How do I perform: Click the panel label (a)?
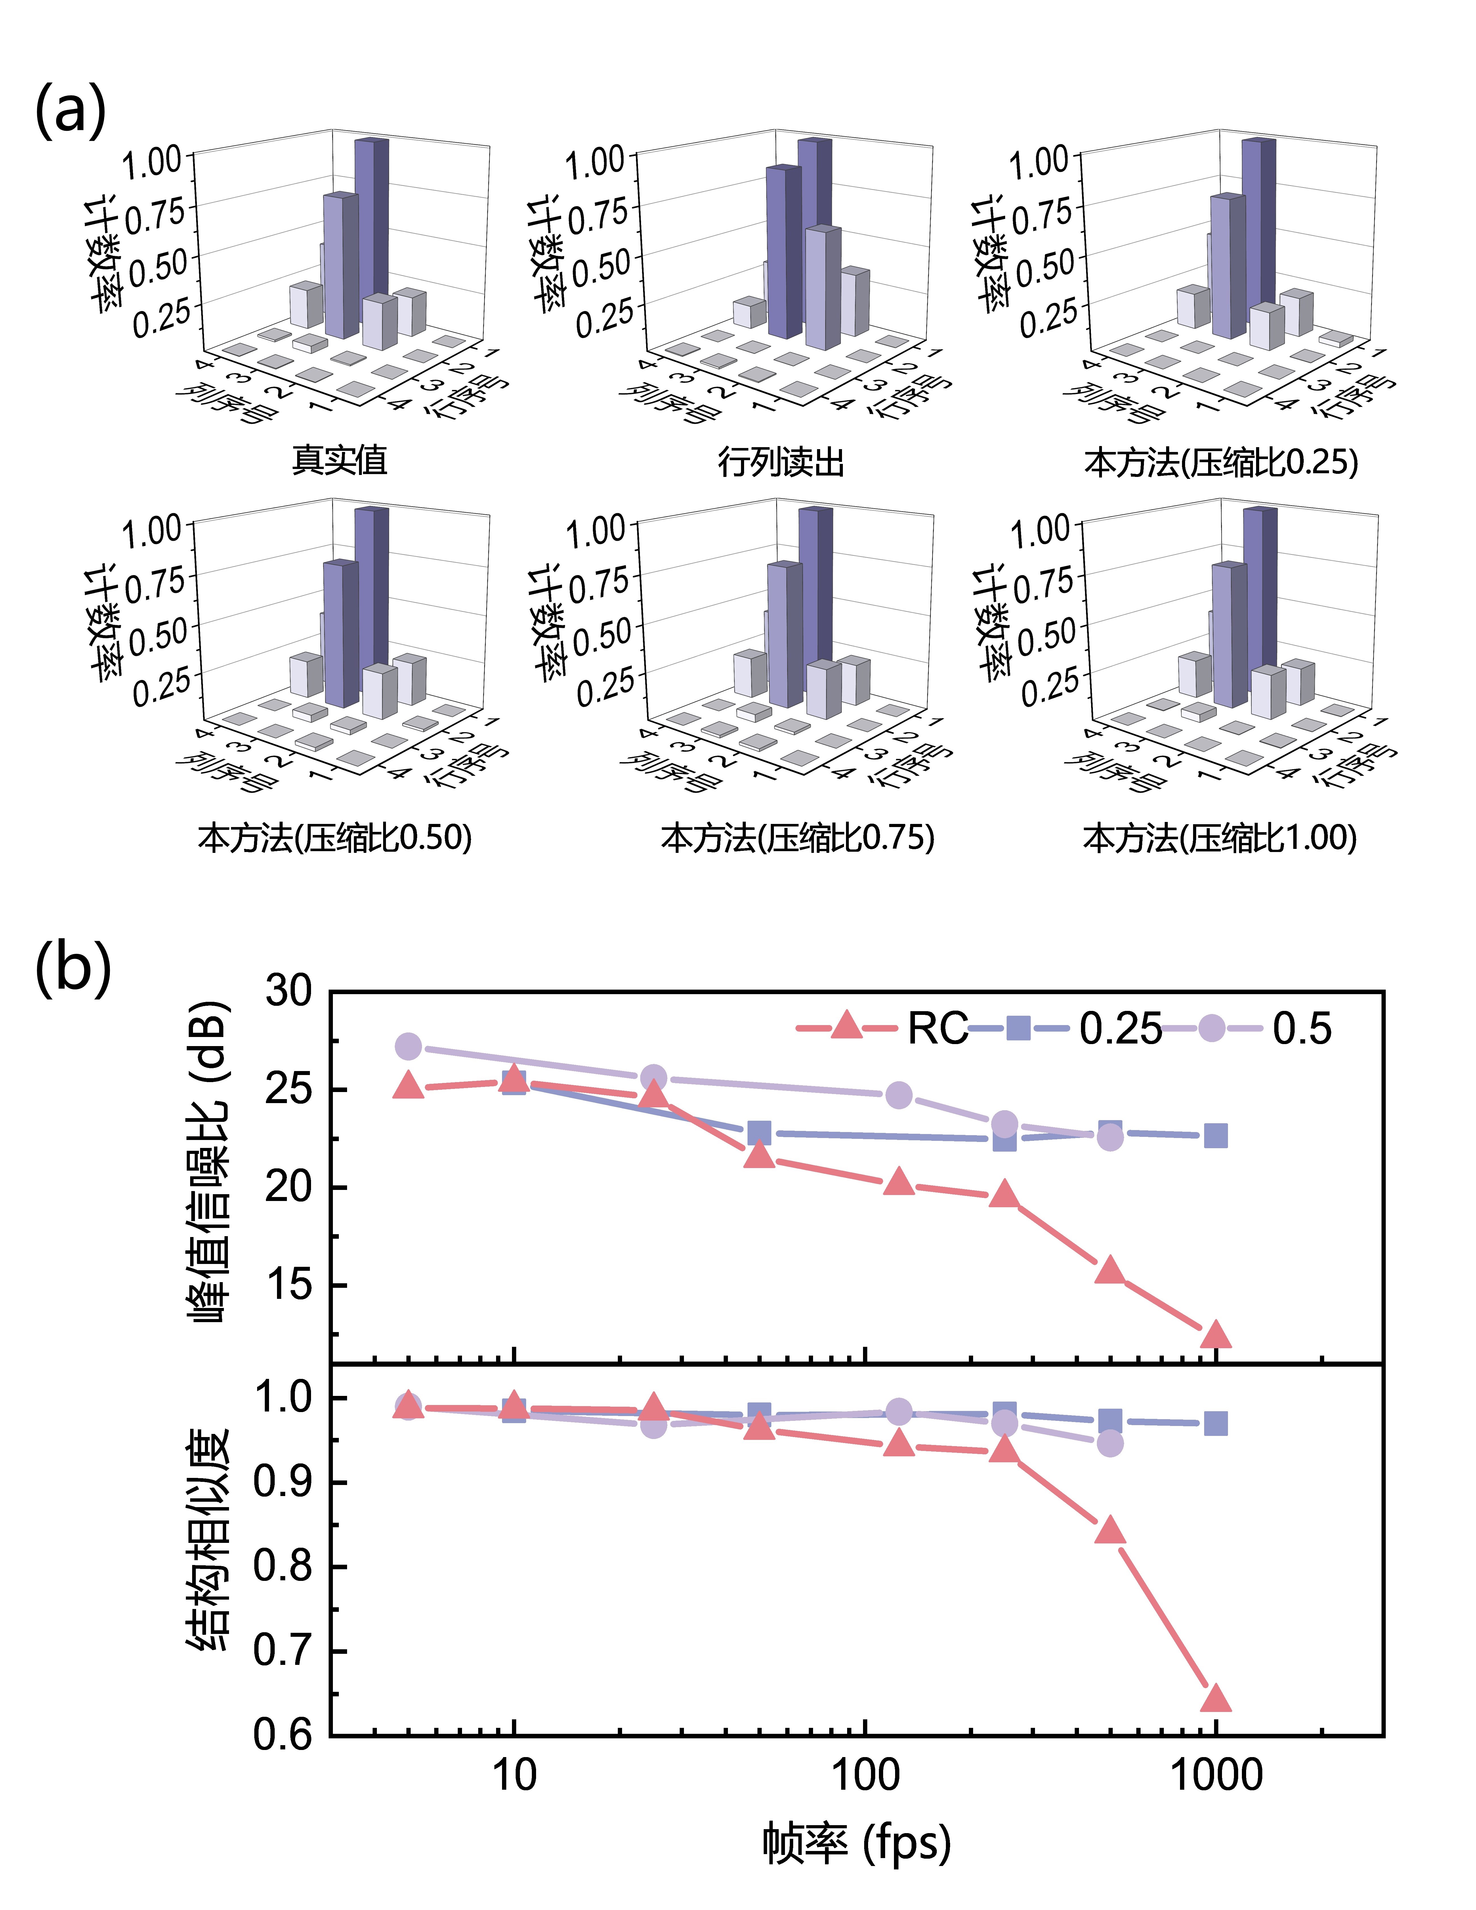(70, 111)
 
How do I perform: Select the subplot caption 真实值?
(339, 460)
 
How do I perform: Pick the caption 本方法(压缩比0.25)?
(1221, 462)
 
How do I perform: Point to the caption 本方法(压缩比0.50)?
(335, 838)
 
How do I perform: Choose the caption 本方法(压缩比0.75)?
(797, 838)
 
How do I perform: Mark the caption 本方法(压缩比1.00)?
(1220, 838)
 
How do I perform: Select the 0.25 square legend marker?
(1018, 1028)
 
